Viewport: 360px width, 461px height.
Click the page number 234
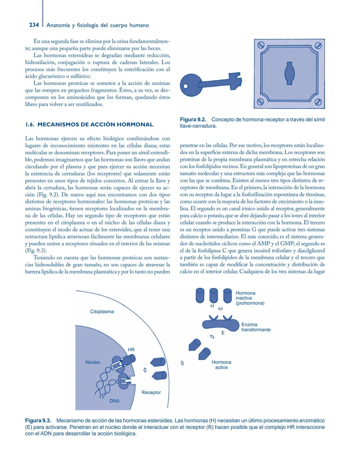click(x=34, y=25)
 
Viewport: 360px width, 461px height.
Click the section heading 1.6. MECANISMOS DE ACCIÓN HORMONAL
click(x=89, y=125)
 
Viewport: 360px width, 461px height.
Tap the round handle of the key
click(x=189, y=85)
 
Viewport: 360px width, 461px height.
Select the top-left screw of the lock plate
click(x=261, y=45)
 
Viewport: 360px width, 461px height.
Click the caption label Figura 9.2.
click(x=193, y=120)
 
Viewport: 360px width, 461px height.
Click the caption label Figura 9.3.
click(x=38, y=421)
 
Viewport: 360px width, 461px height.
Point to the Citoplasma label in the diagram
click(x=102, y=312)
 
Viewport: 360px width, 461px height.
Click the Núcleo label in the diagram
click(x=93, y=362)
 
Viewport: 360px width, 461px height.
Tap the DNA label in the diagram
click(x=114, y=401)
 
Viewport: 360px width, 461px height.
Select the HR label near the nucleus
click(x=131, y=350)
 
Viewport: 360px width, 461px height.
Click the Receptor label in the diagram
click(x=151, y=393)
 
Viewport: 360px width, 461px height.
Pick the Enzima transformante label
click(x=256, y=327)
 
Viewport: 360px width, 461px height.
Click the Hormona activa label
click(x=221, y=365)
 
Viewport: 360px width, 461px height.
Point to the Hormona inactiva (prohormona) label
click(x=250, y=298)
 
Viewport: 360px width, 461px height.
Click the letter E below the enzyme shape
click(x=223, y=333)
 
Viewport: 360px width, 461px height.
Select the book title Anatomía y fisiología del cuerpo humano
click(x=98, y=25)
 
